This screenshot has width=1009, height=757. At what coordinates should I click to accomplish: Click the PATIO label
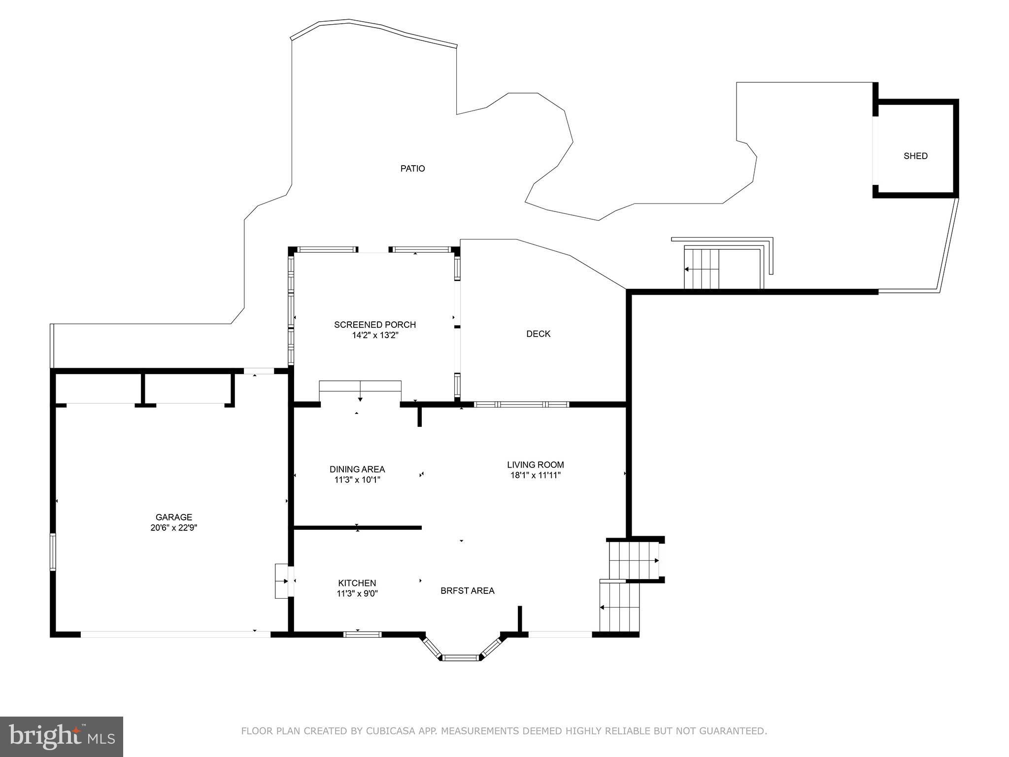[x=412, y=169]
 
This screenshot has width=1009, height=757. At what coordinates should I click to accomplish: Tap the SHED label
[x=915, y=156]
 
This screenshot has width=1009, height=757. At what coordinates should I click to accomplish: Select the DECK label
[x=538, y=334]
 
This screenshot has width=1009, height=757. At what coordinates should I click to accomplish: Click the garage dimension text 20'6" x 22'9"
[x=173, y=527]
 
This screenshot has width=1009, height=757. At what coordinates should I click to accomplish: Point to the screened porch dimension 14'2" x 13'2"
[x=374, y=335]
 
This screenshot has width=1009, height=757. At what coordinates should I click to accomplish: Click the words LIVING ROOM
[x=535, y=464]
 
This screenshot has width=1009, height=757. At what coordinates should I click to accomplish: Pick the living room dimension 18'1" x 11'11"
[x=535, y=475]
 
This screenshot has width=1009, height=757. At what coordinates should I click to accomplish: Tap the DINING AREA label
[x=357, y=469]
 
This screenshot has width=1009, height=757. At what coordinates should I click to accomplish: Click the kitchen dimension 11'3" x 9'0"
[x=357, y=593]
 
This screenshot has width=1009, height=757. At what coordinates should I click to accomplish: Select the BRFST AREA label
[x=467, y=590]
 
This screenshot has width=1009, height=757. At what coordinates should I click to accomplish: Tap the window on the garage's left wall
[x=53, y=551]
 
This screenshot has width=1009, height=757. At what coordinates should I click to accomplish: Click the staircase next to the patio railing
[x=702, y=269]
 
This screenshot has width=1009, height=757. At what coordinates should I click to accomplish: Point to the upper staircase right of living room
[x=634, y=560]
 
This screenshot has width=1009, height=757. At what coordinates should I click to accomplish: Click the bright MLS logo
[x=62, y=736]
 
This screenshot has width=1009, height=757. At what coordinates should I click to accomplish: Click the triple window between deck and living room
[x=521, y=404]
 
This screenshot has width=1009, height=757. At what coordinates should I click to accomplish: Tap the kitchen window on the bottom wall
[x=362, y=634]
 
